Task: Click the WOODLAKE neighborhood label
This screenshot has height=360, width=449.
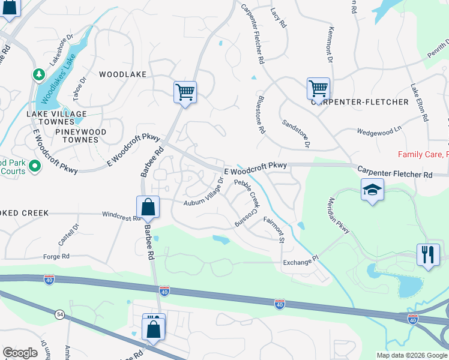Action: (122, 74)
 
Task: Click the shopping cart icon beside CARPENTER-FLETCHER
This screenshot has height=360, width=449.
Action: (318, 88)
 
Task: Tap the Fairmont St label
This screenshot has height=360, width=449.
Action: (273, 230)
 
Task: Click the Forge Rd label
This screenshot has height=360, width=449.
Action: (56, 256)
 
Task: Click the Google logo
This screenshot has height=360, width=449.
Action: (20, 353)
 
